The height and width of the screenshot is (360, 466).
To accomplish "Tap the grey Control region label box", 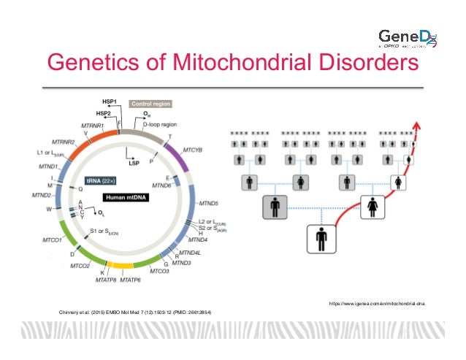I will [151, 104].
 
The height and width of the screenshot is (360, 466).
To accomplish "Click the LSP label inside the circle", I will [134, 163].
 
